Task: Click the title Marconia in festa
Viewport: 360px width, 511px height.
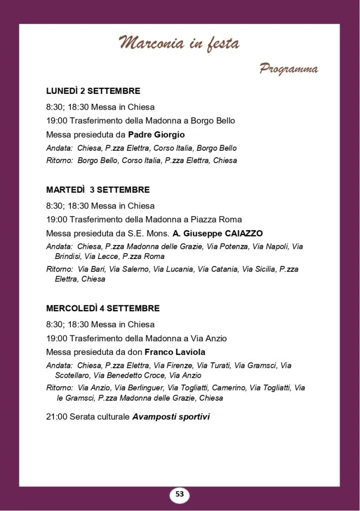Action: [179, 44]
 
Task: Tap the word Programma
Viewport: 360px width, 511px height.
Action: [288, 69]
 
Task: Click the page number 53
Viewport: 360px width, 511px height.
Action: [180, 495]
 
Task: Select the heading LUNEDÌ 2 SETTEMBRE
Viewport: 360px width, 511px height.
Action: [93, 91]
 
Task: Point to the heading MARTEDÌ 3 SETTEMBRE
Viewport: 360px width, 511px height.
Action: [98, 190]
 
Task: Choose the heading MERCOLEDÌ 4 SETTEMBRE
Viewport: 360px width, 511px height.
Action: [103, 308]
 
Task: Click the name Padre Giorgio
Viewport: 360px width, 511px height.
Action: [156, 134]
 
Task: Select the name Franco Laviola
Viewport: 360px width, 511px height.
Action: [175, 352]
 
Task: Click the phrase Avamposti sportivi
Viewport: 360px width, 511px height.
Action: [171, 416]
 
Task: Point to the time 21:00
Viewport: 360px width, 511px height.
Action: [56, 416]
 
